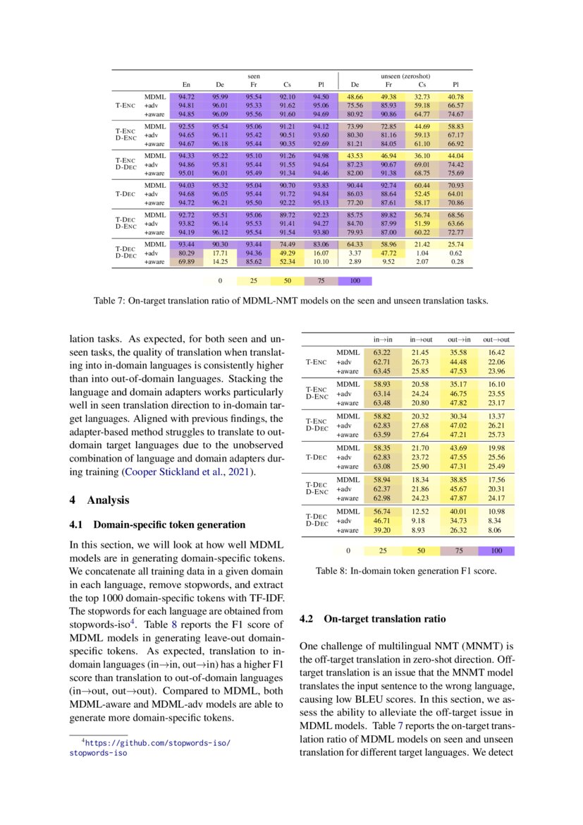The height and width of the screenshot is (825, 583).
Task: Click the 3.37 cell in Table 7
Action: [x=355, y=252]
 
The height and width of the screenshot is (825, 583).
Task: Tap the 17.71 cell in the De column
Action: [x=220, y=252]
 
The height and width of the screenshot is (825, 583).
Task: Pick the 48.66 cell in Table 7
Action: [x=355, y=96]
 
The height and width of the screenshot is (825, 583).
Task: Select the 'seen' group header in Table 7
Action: [x=253, y=76]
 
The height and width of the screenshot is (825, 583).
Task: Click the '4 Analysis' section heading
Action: [x=102, y=500]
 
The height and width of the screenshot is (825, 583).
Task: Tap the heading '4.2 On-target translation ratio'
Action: [x=372, y=619]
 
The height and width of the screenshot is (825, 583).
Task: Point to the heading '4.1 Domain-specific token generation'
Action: [x=157, y=524]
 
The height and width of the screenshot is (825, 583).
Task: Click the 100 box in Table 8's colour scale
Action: [x=496, y=550]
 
